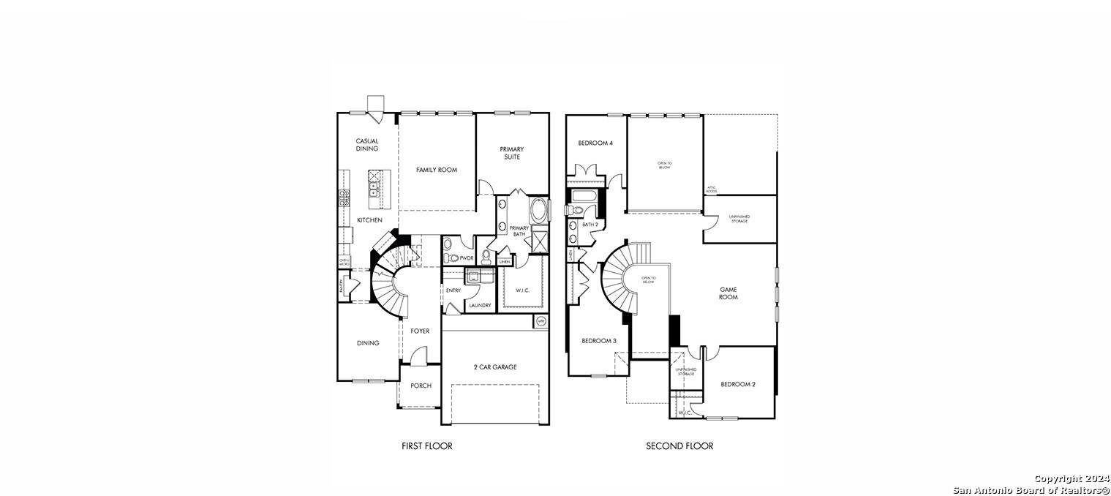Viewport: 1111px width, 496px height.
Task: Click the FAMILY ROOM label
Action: point(437,170)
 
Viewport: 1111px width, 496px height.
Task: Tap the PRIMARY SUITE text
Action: point(512,153)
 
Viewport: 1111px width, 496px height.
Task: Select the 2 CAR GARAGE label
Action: point(494,367)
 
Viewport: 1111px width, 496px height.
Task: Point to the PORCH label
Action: point(421,386)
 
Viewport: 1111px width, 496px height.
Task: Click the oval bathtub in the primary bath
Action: point(538,211)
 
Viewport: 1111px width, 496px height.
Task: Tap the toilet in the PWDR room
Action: point(452,258)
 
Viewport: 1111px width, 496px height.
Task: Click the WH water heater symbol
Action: point(541,321)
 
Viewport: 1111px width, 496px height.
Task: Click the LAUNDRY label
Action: point(480,305)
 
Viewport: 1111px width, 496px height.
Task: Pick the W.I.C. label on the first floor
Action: point(522,290)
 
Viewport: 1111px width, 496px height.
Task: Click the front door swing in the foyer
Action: point(418,356)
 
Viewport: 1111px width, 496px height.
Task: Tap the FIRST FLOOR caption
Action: point(427,446)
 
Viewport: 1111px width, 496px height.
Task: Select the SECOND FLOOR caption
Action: point(679,446)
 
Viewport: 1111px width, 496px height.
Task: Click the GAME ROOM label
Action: point(728,293)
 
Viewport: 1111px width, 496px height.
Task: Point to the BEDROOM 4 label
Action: point(595,143)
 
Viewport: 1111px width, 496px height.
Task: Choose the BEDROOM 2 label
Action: point(738,384)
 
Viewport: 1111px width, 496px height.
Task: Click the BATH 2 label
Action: point(590,225)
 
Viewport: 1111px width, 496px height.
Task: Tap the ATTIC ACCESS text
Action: point(712,189)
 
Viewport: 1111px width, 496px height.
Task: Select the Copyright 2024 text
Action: point(1071,478)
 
